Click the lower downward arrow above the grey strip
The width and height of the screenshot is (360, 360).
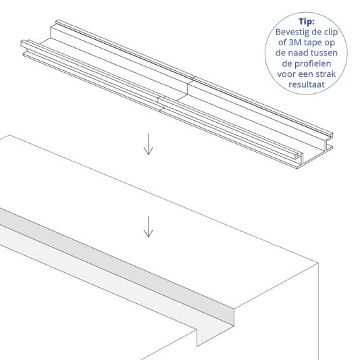click(148, 226)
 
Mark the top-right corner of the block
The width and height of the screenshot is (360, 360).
click(317, 265)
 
